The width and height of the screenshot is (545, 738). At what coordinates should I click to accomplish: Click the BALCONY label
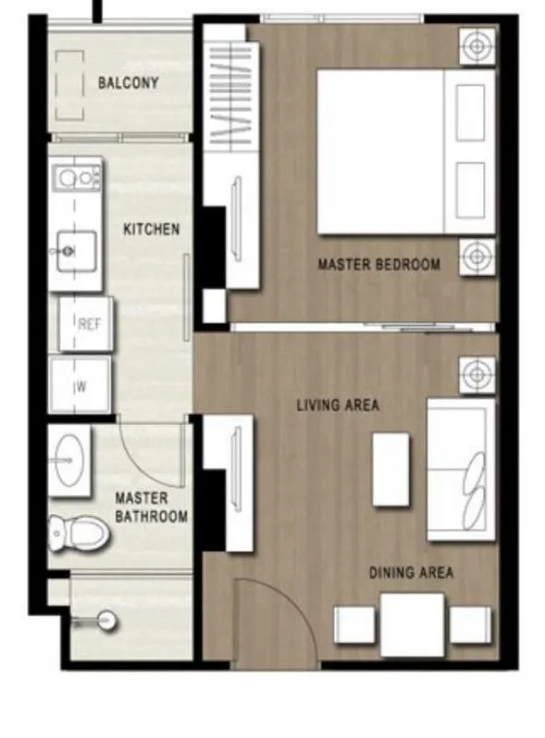128,83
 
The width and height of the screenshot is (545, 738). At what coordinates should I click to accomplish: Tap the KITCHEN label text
151,229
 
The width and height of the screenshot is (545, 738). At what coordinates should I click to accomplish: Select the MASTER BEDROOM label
379,264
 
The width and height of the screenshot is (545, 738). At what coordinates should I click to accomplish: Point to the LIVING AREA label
338,405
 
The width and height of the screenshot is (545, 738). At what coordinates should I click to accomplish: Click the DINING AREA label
411,572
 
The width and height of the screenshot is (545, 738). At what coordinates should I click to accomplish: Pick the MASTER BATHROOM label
151,507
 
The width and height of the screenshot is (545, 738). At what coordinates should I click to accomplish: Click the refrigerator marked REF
86,324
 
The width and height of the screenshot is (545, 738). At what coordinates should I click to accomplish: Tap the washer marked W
80,385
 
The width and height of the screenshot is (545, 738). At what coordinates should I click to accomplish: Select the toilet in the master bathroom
79,533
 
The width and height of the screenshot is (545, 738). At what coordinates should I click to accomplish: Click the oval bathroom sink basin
69,460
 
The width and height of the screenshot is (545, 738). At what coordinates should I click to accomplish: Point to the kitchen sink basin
77,251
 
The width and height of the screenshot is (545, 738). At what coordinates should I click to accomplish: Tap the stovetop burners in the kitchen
77,178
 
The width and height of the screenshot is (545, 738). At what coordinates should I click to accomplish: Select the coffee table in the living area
391,470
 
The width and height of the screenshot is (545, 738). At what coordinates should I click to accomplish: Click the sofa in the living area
461,470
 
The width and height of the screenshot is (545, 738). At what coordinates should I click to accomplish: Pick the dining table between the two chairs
412,625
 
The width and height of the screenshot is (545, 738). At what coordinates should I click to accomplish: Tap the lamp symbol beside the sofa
478,375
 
